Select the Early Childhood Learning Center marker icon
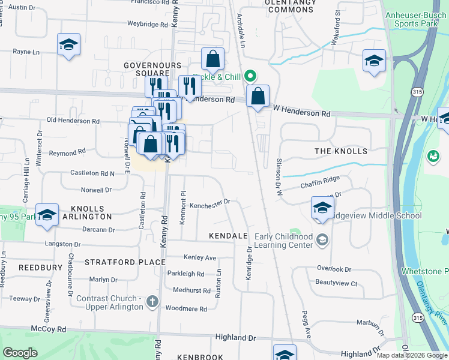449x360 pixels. coord(323,241)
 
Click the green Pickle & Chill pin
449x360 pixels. coord(252,76)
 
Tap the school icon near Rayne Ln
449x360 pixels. coord(69,44)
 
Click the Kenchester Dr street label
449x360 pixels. coord(210,204)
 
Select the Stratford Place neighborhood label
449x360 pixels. coord(125,262)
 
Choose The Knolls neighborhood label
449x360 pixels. coord(340,151)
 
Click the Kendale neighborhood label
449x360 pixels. coord(228,236)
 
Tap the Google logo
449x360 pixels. coord(20,353)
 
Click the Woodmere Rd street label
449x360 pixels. coord(186,310)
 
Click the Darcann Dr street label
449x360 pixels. coord(98,230)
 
